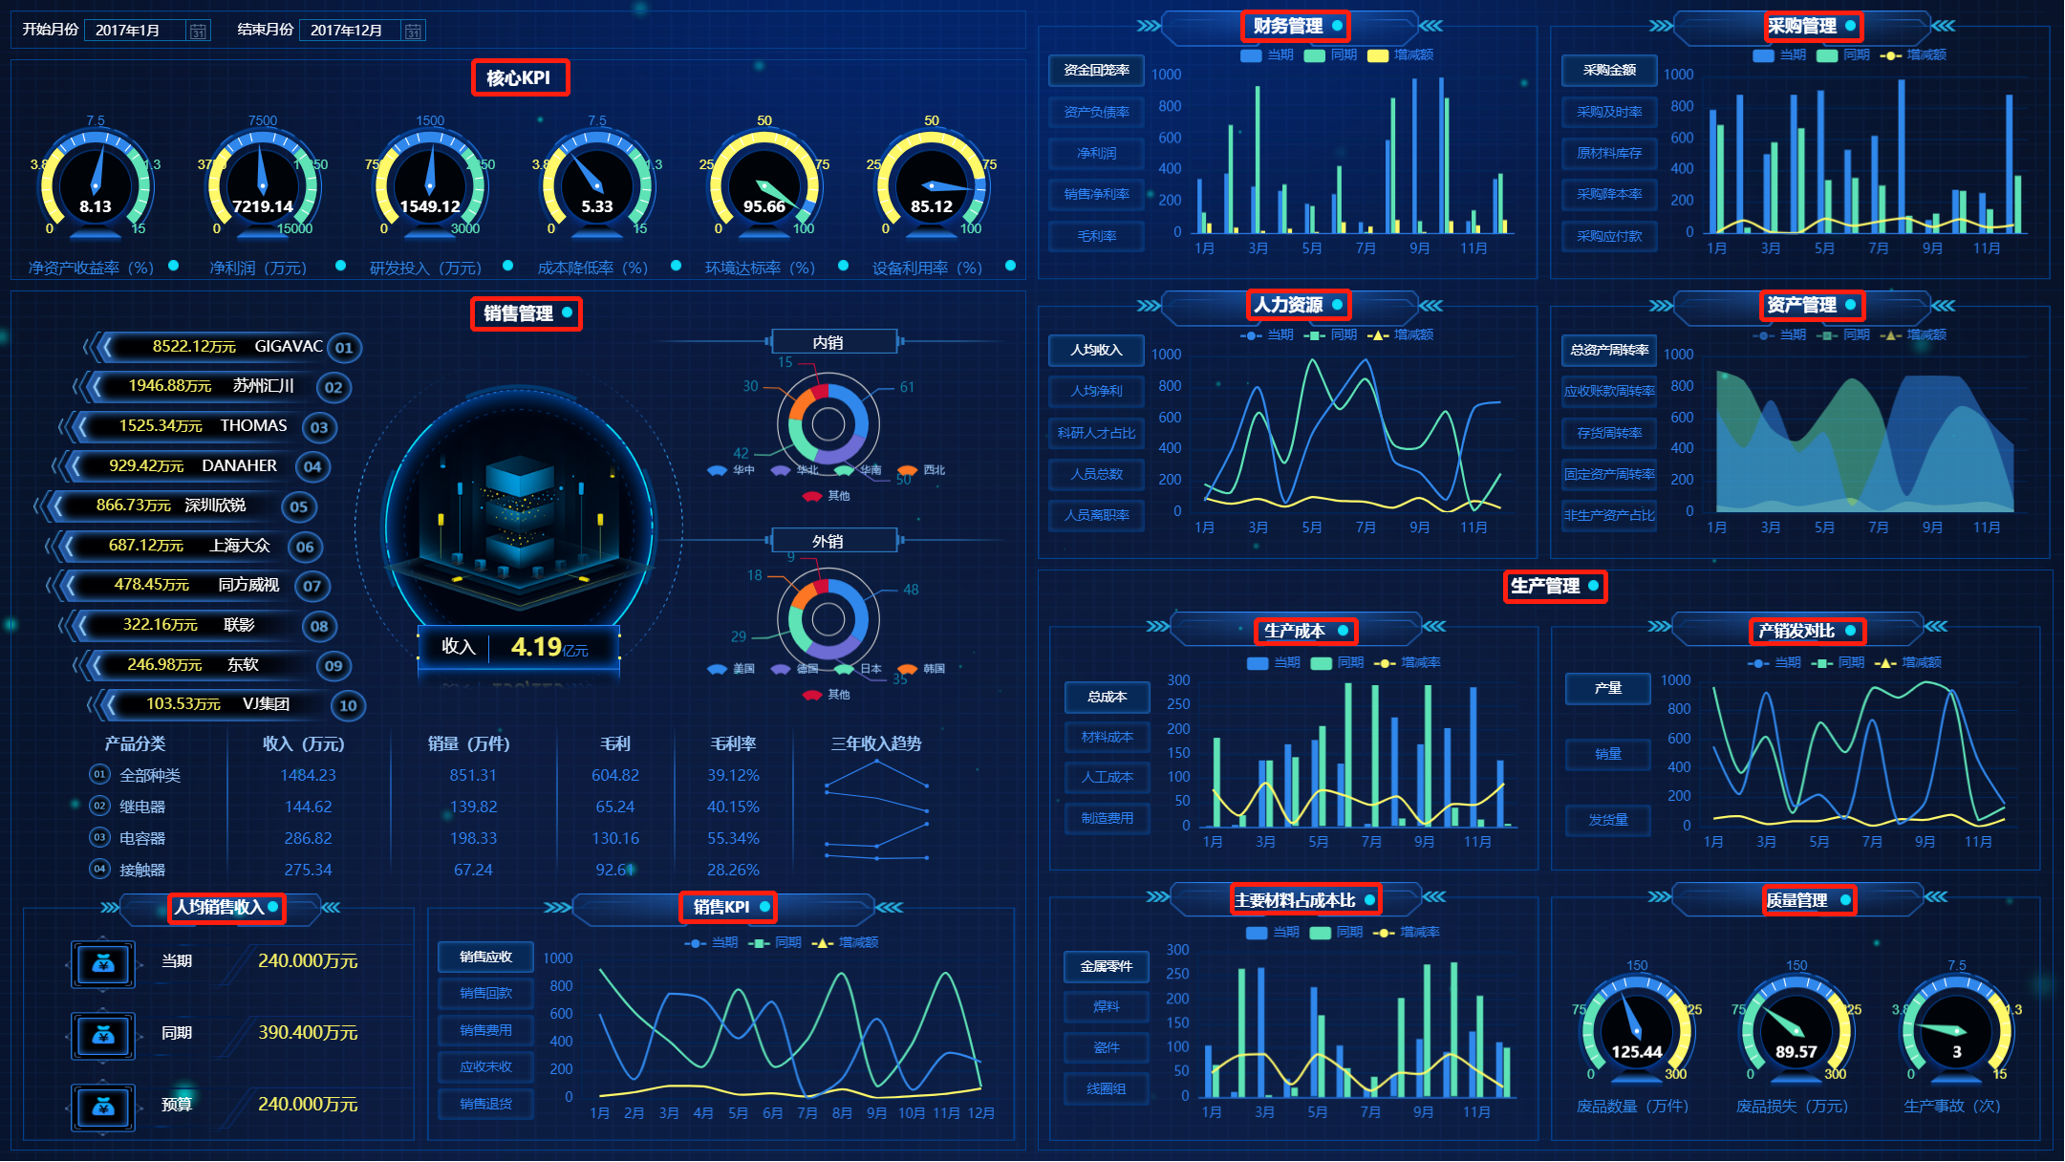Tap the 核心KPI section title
pyautogui.click(x=519, y=77)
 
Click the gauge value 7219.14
pyautogui.click(x=263, y=206)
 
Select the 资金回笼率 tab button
pyautogui.click(x=1096, y=70)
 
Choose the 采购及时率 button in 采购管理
pyautogui.click(x=1609, y=112)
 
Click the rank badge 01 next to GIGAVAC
pyautogui.click(x=344, y=348)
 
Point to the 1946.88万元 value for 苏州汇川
pyautogui.click(x=170, y=386)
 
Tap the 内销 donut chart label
pyautogui.click(x=828, y=342)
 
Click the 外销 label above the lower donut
pyautogui.click(x=828, y=541)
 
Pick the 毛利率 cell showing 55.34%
pyautogui.click(x=733, y=838)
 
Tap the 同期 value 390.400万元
pyautogui.click(x=308, y=1032)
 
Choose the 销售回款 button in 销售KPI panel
pyautogui.click(x=485, y=994)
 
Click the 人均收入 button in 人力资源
pyautogui.click(x=1096, y=350)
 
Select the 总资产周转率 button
pyautogui.click(x=1609, y=350)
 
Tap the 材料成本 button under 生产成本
pyautogui.click(x=1107, y=737)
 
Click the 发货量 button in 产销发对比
pyautogui.click(x=1607, y=820)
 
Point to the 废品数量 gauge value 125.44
pyautogui.click(x=1636, y=1052)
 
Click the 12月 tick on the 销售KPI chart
pyautogui.click(x=980, y=1113)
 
